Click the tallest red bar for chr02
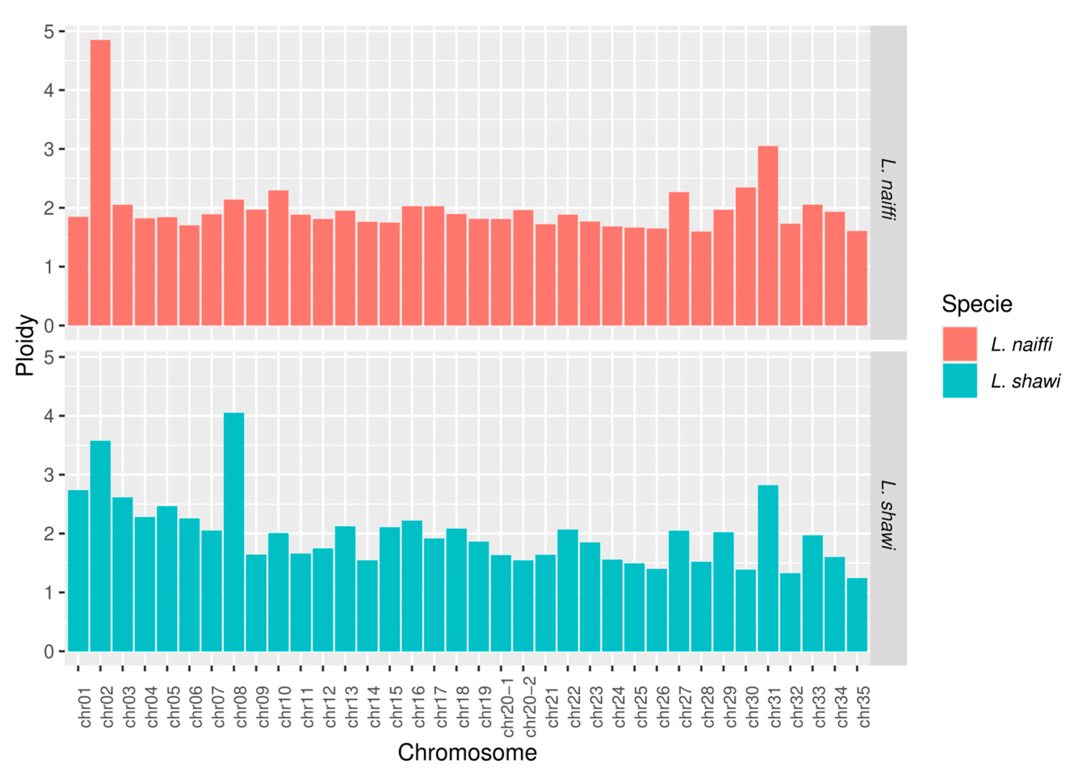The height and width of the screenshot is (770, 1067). (x=100, y=183)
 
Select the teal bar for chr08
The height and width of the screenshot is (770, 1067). (x=234, y=531)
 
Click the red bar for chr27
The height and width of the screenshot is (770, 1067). (x=678, y=258)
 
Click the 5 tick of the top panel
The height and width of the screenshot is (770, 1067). (x=49, y=32)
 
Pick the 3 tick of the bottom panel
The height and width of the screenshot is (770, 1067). (x=49, y=475)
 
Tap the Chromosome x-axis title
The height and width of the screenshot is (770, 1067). (x=467, y=752)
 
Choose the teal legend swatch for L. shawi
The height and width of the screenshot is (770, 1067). (x=960, y=380)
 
